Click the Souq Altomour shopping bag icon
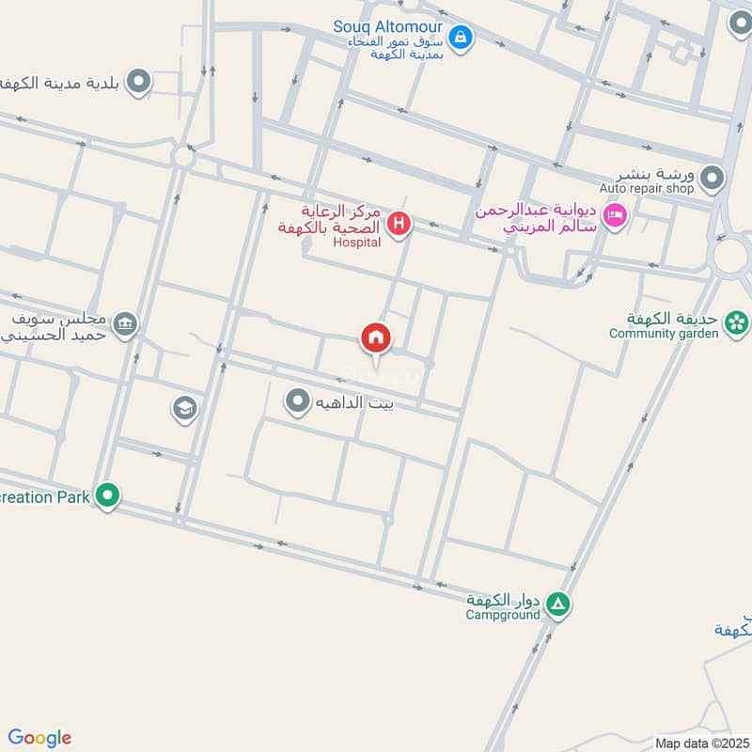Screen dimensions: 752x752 pos(461,38)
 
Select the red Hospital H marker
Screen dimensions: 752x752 pos(399,224)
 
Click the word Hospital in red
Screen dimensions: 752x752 pos(357,243)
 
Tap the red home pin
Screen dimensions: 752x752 pos(376,338)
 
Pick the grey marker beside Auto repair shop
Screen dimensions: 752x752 pos(713,177)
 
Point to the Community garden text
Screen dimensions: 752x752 pos(664,333)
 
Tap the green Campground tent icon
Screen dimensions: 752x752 pos(558,604)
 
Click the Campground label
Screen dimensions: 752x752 pos(503,615)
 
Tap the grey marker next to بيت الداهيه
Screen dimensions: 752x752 pos(298,402)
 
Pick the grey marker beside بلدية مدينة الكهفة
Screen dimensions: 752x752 pos(139,82)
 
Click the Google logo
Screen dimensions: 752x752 pos(39,738)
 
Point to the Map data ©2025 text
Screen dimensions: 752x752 pos(700,744)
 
